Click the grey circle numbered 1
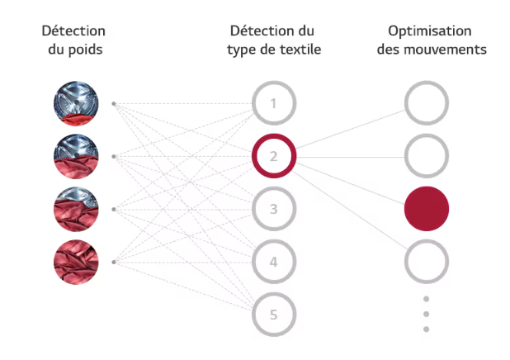(x=274, y=84)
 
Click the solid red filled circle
(x=427, y=209)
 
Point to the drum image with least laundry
(x=76, y=103)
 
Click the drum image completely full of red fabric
(x=76, y=262)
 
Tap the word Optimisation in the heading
(x=430, y=31)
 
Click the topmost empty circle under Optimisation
(x=427, y=84)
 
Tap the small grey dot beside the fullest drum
(x=114, y=262)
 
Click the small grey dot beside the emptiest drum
(x=114, y=103)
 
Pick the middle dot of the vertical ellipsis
(x=426, y=314)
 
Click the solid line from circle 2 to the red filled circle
(x=351, y=183)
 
